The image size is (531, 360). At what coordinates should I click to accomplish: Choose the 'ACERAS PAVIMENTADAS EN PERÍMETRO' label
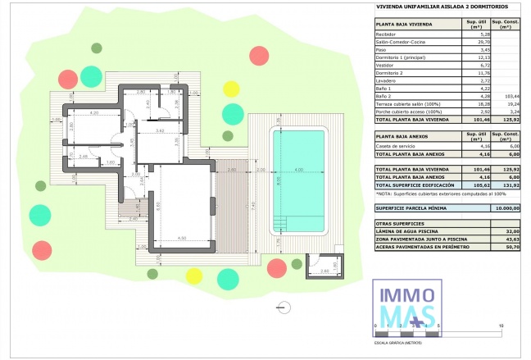tap(420, 245)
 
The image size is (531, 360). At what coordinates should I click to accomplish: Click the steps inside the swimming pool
tap(280, 222)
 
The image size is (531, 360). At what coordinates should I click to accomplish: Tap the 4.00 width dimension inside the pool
tap(299, 170)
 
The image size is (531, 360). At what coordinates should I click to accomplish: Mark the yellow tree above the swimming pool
tap(232, 88)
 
